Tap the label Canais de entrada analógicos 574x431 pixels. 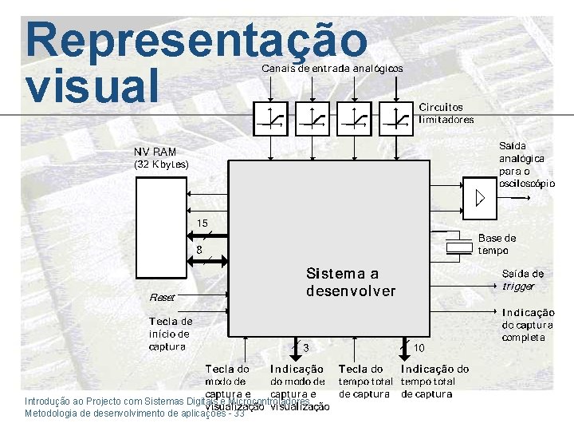click(x=332, y=69)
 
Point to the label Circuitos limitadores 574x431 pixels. click(x=446, y=113)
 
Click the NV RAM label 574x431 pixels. click(x=155, y=152)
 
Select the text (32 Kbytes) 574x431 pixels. click(x=161, y=164)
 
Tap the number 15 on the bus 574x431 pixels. click(x=202, y=223)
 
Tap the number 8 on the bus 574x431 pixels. click(x=199, y=249)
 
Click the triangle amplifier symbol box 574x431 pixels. click(x=479, y=199)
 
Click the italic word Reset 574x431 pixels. click(x=162, y=297)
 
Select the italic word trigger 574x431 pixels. click(x=518, y=286)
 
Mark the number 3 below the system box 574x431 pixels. click(x=305, y=348)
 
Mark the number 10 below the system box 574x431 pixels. click(x=419, y=348)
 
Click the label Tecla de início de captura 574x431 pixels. click(x=171, y=334)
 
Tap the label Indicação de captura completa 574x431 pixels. click(x=528, y=325)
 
